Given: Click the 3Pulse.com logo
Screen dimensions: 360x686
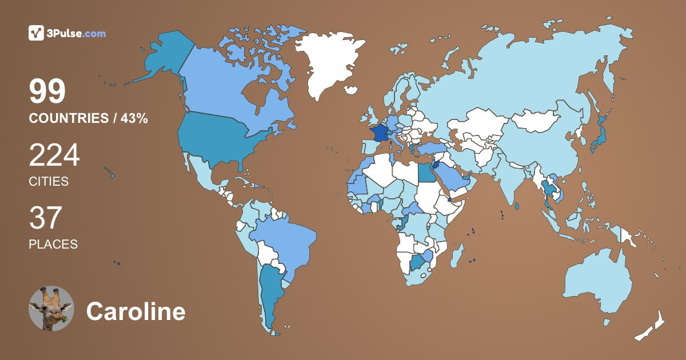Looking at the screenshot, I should (x=67, y=33).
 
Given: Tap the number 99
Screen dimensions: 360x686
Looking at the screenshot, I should (x=47, y=91).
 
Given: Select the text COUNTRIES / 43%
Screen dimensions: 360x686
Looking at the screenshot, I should (x=88, y=118).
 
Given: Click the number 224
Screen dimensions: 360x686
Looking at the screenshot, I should (x=54, y=155).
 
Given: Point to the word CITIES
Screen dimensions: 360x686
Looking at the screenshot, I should (x=49, y=182).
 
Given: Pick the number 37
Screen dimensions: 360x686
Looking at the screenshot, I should (x=45, y=218).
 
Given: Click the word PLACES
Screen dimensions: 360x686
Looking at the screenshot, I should (x=53, y=244).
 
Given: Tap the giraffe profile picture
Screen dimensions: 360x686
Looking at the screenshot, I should (x=51, y=309).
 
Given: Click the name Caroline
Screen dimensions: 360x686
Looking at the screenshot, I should (x=135, y=311).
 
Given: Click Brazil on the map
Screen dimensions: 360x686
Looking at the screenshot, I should (x=283, y=240).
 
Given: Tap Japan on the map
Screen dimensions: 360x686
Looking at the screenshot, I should (x=599, y=137).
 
